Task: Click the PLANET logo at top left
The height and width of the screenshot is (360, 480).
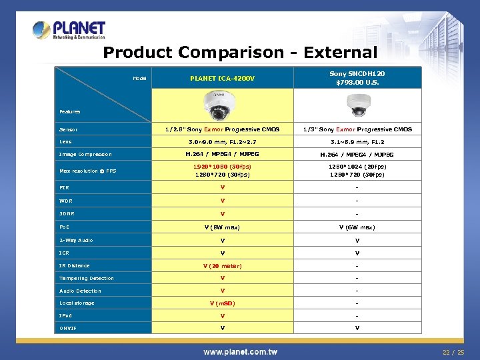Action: (x=69, y=29)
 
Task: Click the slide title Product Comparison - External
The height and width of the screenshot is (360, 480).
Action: (x=240, y=53)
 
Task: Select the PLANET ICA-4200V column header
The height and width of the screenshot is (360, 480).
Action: (x=223, y=78)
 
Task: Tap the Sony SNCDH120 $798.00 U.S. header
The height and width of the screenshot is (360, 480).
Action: (x=357, y=78)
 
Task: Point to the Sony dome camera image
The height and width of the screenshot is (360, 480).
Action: (x=357, y=105)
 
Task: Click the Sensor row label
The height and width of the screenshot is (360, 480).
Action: (x=69, y=129)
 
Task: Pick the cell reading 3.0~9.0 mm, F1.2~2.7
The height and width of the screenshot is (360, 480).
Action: (x=223, y=141)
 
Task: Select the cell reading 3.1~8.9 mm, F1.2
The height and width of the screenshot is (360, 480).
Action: (x=357, y=141)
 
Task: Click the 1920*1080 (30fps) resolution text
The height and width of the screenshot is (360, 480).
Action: (x=223, y=167)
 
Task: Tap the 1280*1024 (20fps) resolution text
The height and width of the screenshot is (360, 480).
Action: (x=357, y=167)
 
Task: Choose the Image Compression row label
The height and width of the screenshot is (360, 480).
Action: (x=85, y=154)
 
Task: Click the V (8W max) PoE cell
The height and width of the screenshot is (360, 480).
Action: (x=223, y=227)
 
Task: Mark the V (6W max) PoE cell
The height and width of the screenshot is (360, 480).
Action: (x=357, y=227)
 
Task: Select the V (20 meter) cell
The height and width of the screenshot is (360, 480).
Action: (x=223, y=265)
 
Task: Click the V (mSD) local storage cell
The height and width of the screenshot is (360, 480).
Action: (x=223, y=303)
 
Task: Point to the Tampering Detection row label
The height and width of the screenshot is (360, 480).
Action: (x=87, y=278)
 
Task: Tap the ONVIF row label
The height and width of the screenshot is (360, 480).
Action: (x=68, y=328)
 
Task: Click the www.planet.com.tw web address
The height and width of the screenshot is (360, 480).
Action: (x=240, y=351)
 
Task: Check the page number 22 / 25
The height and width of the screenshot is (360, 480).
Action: (x=453, y=351)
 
